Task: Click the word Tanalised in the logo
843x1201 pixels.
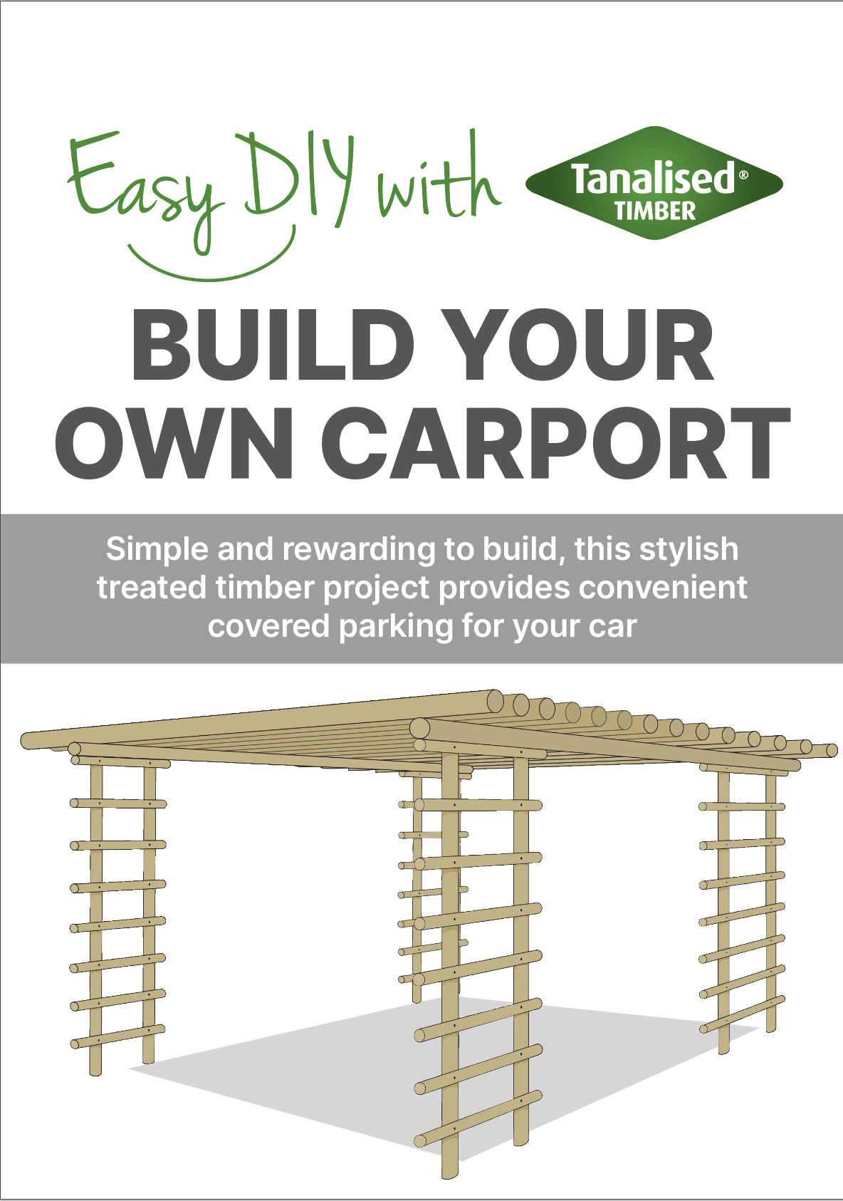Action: tap(652, 178)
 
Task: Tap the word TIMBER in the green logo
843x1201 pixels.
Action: tap(655, 211)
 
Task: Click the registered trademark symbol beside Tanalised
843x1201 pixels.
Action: tap(743, 175)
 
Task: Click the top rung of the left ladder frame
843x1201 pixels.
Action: tap(118, 804)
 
